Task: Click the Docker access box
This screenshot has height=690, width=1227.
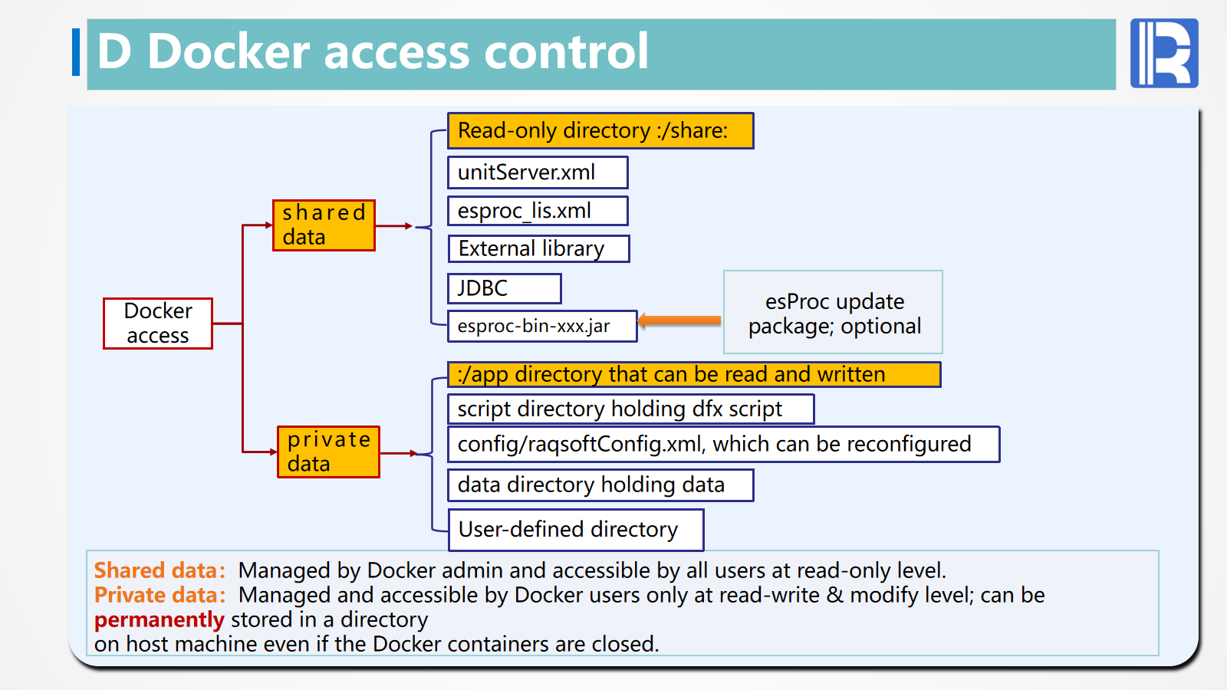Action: (158, 324)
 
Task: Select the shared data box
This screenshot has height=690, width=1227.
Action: (324, 225)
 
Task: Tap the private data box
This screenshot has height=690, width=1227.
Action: (328, 452)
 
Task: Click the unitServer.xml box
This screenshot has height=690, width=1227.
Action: (538, 172)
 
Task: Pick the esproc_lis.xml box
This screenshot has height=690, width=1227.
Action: (538, 211)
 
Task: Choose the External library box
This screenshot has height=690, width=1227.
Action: (538, 249)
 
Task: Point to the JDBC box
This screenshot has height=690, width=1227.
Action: (505, 289)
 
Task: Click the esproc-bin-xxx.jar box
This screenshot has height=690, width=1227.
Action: (542, 326)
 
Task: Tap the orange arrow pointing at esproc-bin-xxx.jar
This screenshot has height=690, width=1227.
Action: (679, 320)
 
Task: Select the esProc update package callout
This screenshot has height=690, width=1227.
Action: (833, 313)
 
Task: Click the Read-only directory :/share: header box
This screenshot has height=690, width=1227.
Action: (600, 131)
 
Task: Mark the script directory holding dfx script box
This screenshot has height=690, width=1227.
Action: (630, 409)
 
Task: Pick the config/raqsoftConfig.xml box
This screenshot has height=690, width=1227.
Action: (723, 445)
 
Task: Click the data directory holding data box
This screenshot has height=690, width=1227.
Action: (600, 485)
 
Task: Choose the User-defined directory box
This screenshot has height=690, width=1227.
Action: (576, 530)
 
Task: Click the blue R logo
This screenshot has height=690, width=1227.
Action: (1164, 54)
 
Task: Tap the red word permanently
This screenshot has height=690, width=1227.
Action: (159, 619)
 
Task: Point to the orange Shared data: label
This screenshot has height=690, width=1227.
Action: (160, 570)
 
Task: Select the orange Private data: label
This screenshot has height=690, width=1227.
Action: (160, 595)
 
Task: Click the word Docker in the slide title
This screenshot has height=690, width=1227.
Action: (228, 52)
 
